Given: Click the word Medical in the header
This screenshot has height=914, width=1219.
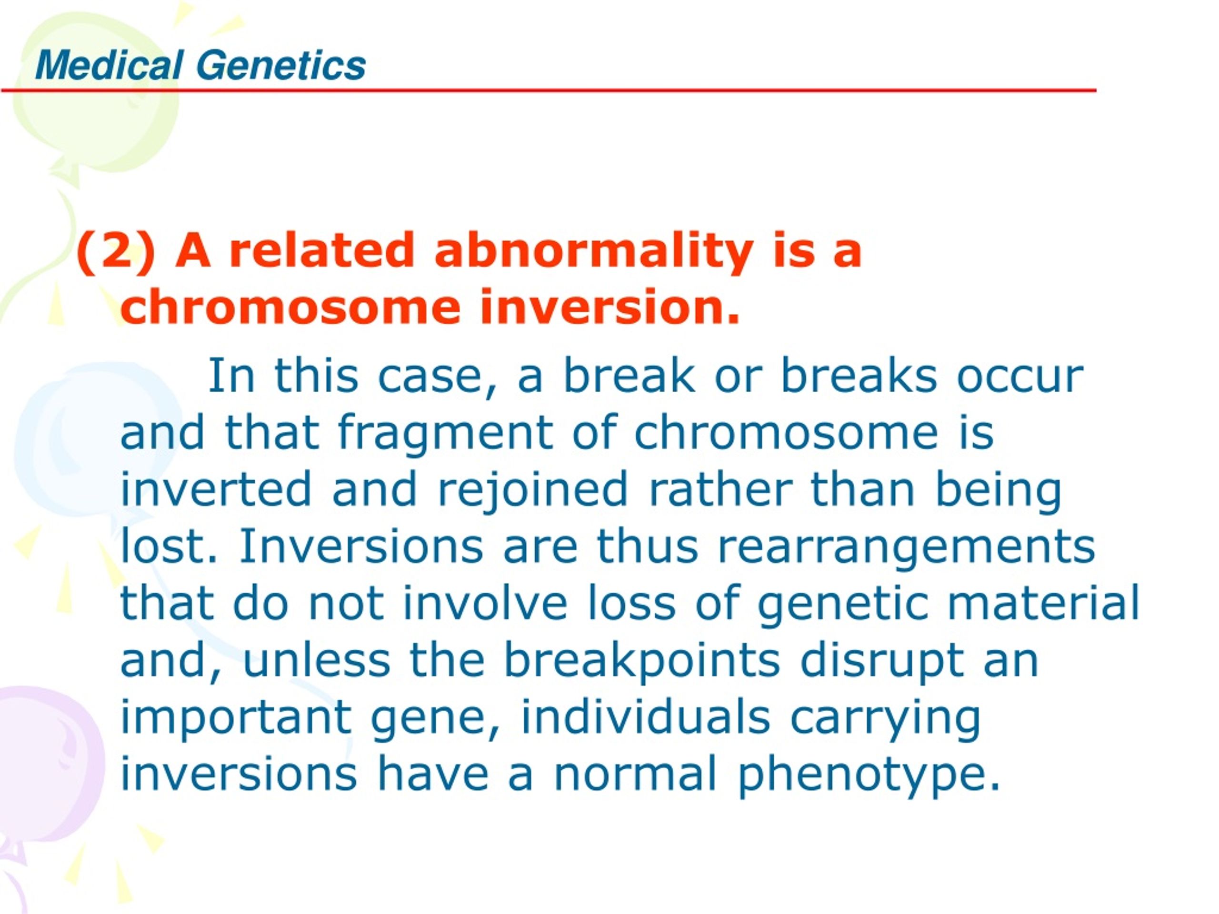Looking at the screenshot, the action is point(109,65).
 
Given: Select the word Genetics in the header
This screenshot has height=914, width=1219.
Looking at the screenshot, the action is point(281,65).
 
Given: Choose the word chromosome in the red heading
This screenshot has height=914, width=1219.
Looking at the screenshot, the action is point(290,308).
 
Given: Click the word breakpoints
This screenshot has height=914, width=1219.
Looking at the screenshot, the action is point(642,662).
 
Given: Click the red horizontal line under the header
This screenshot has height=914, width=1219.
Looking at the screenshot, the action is point(549,90).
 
